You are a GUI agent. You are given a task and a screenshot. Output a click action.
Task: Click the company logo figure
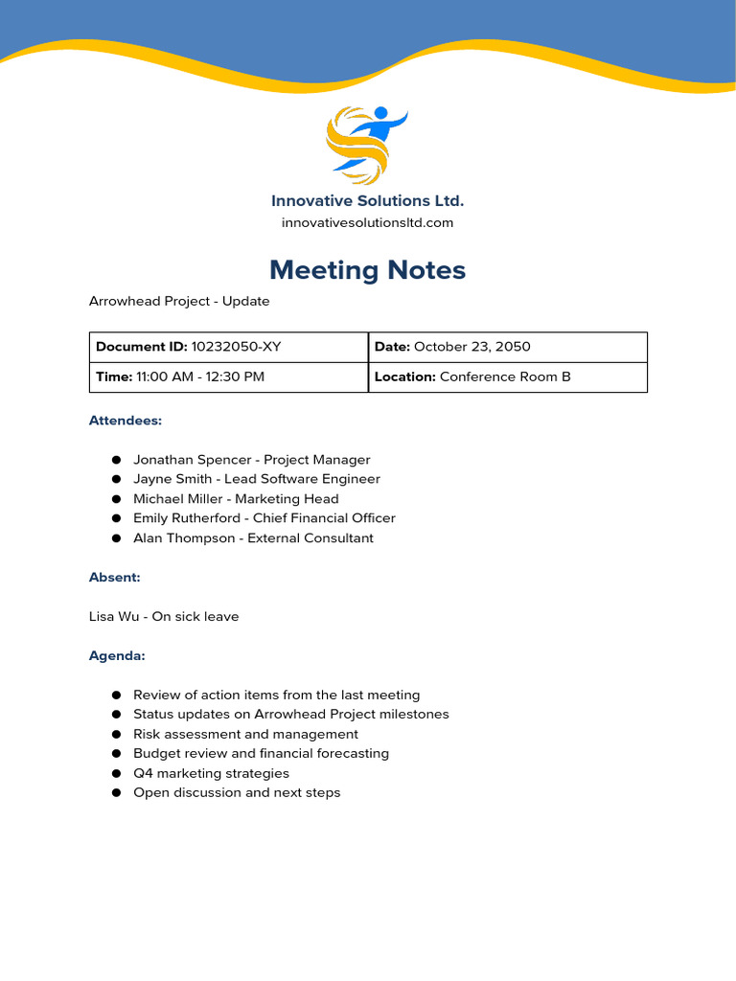pos(366,144)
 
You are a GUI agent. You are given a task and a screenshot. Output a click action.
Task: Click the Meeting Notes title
pos(367,270)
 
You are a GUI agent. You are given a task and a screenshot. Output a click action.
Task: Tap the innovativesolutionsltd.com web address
pos(367,223)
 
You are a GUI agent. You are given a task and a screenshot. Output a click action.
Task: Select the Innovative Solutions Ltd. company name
pos(367,201)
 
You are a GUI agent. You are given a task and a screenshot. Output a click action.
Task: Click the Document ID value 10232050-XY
pos(237,347)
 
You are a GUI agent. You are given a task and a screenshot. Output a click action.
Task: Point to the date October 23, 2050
pos(471,347)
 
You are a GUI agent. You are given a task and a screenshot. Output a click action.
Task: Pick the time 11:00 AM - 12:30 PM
pos(199,376)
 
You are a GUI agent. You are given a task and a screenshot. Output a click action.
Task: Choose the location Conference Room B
pos(505,376)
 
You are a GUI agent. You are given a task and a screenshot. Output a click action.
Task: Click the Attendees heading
pos(126,421)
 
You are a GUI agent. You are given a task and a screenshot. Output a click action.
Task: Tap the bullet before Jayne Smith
pos(116,479)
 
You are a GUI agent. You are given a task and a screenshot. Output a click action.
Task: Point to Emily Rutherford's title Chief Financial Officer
pos(324,518)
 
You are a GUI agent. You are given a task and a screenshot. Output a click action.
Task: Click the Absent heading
pos(115,578)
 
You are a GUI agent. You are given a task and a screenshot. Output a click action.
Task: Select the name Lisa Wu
pos(114,617)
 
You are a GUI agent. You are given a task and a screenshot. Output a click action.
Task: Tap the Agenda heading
pos(117,656)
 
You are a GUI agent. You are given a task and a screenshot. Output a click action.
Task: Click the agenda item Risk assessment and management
pos(245,735)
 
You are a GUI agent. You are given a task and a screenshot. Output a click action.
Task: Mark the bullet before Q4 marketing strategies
pos(116,774)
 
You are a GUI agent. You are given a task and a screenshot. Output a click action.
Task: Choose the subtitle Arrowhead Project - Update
pos(179,302)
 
